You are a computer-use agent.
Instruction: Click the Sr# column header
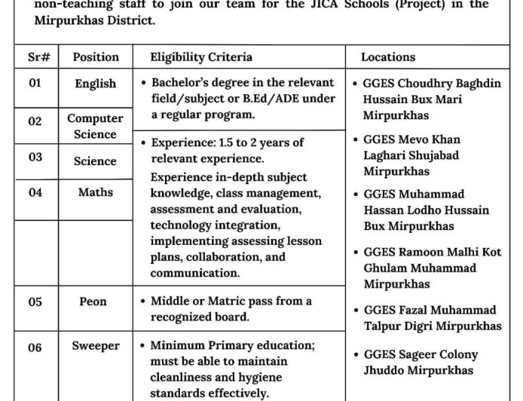[35, 57]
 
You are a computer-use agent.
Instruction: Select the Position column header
[96, 57]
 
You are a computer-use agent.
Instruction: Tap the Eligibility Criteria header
[201, 57]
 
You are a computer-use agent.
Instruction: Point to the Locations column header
[387, 57]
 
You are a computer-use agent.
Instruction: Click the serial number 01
[35, 84]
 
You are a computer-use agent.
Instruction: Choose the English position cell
[96, 84]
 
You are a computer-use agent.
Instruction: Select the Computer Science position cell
[96, 126]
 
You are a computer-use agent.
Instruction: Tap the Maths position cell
[96, 192]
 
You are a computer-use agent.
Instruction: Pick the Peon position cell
[93, 302]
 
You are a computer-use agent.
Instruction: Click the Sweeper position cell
[96, 346]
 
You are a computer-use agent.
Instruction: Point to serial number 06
[35, 347]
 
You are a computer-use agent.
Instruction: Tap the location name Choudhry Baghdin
[448, 83]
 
